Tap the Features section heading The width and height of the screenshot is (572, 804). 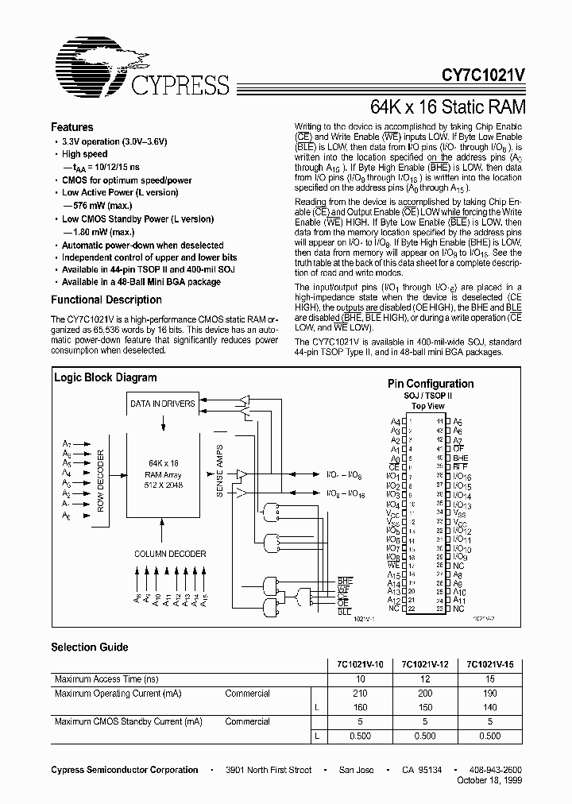(x=72, y=127)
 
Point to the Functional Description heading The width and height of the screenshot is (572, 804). (x=106, y=300)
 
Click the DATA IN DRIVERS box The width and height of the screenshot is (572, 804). (x=163, y=404)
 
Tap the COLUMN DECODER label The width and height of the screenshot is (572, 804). (x=170, y=554)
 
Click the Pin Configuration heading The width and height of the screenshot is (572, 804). (x=431, y=384)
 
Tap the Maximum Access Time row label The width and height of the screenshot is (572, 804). (x=105, y=679)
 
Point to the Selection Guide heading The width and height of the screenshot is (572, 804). (x=90, y=647)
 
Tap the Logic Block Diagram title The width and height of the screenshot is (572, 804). (x=105, y=377)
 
